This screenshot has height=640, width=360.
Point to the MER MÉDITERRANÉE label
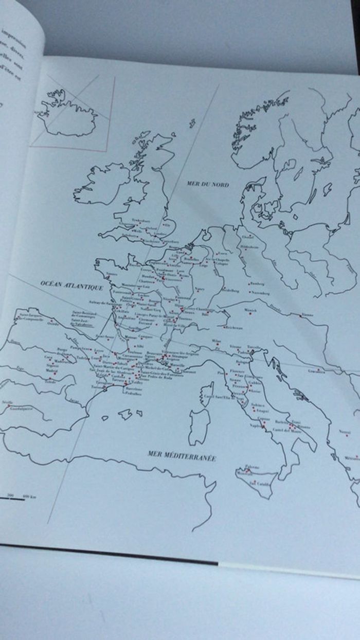coord(182,455)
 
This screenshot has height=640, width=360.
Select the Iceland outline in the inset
coord(66,115)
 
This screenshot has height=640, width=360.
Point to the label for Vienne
coord(307,313)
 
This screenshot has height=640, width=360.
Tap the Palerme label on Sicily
coord(252,467)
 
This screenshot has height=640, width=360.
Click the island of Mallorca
coord(125,413)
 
